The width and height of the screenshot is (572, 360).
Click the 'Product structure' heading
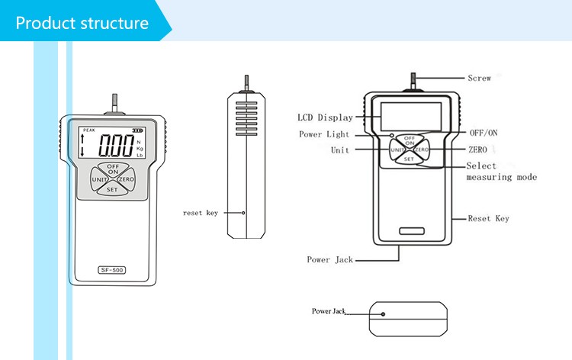coord(82,23)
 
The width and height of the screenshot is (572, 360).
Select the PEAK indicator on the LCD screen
coord(91,130)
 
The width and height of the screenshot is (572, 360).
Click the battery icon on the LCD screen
coord(137,130)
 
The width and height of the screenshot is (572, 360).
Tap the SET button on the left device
coord(111,188)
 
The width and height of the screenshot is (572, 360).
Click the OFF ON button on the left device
coord(112,169)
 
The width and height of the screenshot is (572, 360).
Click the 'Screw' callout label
coord(479,78)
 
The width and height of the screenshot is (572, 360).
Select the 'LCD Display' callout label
coord(325,117)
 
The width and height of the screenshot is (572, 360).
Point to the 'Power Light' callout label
coord(324,134)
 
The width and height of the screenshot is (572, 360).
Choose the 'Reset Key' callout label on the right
coord(488,219)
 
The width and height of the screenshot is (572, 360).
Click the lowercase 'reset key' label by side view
coord(200,213)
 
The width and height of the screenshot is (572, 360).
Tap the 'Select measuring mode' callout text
coord(501,172)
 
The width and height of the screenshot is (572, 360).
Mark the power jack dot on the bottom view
coord(382,312)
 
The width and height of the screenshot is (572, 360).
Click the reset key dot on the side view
coord(243,213)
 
